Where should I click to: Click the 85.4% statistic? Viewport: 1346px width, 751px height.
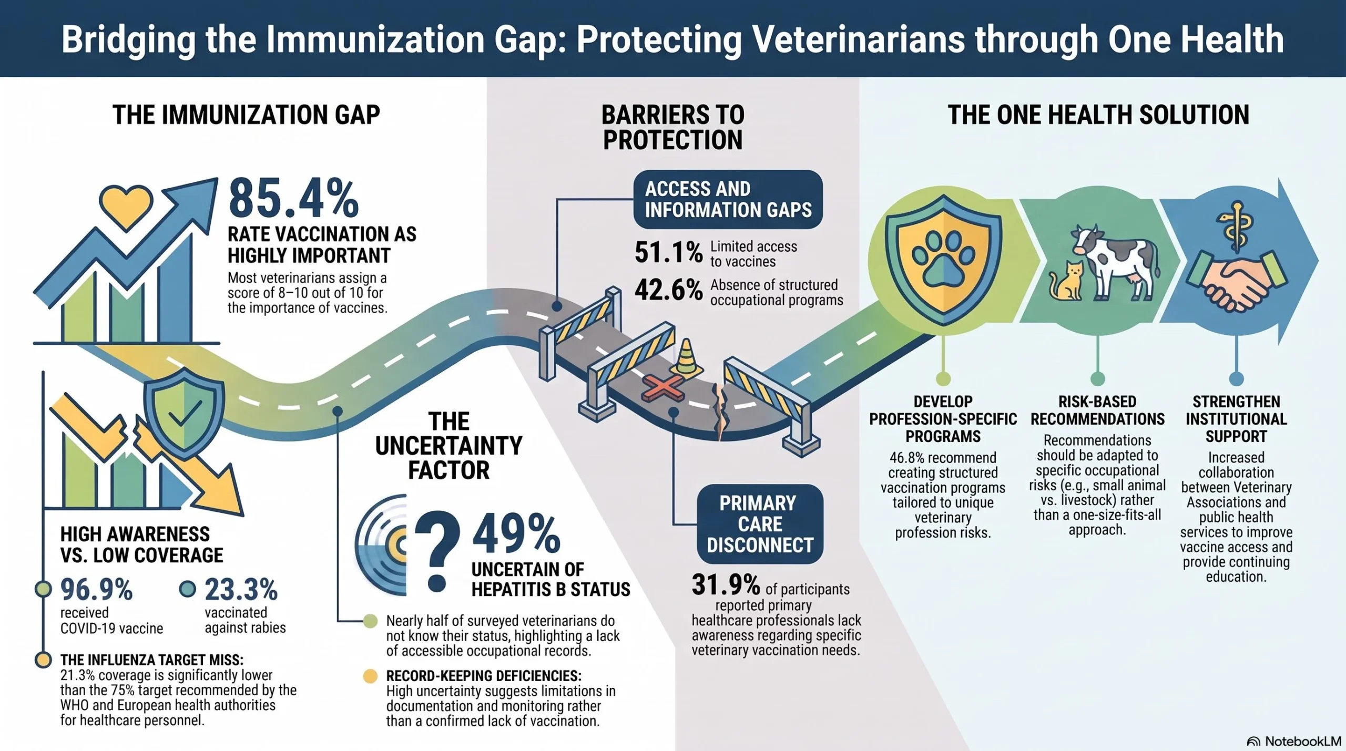click(293, 198)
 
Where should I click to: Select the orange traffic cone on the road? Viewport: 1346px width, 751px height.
click(686, 357)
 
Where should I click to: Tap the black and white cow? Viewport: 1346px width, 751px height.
click(1115, 261)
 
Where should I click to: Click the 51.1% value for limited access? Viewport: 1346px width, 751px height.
click(668, 252)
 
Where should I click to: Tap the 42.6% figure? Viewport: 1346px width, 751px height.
click(668, 290)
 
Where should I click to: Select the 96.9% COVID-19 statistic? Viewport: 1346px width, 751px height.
click(96, 590)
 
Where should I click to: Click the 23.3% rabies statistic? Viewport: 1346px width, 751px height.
click(241, 590)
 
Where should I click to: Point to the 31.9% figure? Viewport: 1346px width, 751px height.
click(726, 584)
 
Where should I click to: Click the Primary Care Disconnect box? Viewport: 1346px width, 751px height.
click(760, 524)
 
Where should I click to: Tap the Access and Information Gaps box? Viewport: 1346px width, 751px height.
click(728, 199)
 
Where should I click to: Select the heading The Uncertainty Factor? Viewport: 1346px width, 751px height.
click(448, 446)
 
